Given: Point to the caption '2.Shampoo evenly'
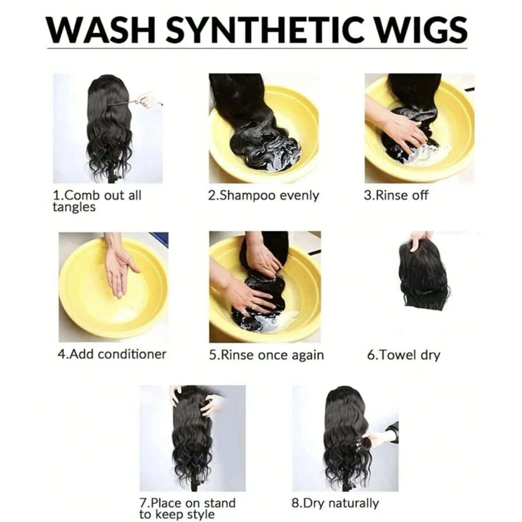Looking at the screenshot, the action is point(263,196).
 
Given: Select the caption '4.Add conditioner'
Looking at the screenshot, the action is point(112,355).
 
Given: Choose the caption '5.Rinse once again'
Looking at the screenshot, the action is point(266,355).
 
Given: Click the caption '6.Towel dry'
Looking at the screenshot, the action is point(403,355).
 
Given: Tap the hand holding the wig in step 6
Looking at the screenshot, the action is point(419,241).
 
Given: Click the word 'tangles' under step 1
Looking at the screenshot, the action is point(74,207).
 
